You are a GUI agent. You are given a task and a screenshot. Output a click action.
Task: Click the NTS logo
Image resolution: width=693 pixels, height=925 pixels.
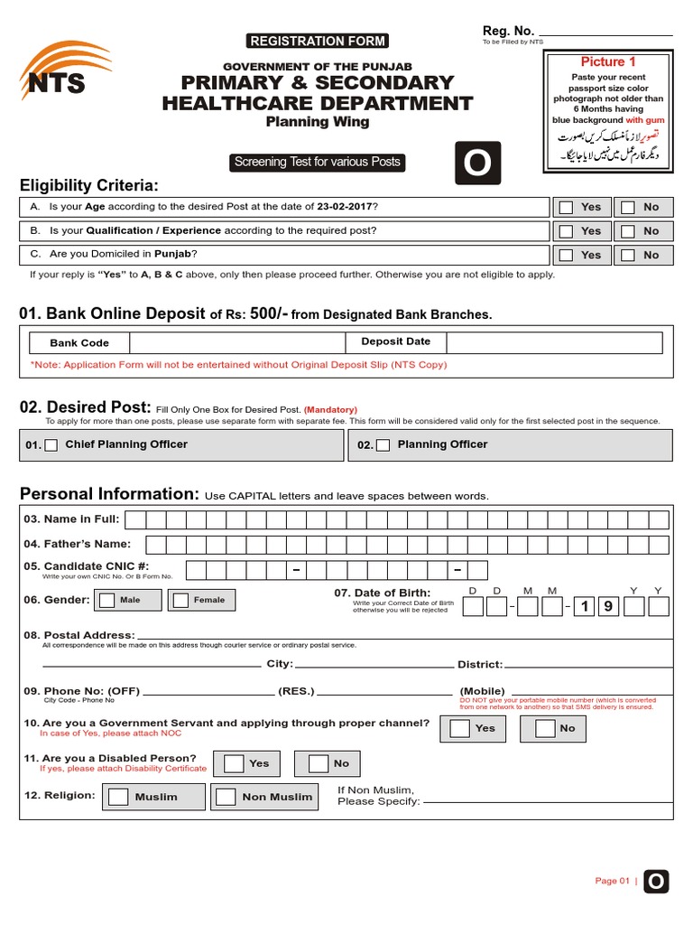point(54,71)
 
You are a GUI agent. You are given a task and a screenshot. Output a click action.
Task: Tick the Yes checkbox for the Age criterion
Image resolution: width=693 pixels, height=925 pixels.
point(566,207)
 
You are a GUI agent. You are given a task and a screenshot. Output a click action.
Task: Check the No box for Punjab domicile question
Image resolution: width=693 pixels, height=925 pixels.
point(628,256)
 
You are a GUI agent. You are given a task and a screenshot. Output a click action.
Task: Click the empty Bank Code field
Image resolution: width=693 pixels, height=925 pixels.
point(236,342)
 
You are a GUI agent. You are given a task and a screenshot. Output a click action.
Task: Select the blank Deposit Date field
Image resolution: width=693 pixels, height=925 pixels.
point(553,342)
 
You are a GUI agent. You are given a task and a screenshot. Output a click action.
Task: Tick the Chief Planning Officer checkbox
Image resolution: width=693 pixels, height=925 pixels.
point(51,445)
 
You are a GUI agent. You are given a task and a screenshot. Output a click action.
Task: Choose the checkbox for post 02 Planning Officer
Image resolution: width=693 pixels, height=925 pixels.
point(383,445)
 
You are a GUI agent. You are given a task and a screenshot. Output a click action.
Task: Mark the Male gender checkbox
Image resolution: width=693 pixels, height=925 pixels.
point(107,600)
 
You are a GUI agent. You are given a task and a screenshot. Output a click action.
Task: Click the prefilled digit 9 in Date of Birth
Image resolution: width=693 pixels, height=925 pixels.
point(607,607)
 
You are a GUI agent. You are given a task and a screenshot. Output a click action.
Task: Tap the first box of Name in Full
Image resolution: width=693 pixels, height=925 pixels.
point(135,519)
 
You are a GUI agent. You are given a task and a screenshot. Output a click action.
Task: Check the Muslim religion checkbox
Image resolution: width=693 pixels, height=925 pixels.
point(118,797)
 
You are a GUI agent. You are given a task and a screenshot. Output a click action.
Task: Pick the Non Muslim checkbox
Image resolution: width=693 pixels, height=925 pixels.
point(226,797)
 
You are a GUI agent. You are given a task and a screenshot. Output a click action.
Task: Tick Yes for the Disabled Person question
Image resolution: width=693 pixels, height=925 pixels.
point(234,763)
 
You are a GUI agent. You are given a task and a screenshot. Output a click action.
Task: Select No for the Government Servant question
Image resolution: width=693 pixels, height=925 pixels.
point(545,728)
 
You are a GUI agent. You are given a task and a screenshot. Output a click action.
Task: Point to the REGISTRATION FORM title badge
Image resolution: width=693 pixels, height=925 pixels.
point(317,41)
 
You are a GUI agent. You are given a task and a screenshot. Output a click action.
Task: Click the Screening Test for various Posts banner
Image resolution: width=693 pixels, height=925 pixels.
point(317,163)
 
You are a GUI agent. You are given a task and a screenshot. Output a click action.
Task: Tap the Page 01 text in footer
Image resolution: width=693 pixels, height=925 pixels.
point(612,881)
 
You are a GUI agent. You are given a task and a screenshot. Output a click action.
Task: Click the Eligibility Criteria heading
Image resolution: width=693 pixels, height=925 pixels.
point(88,185)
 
